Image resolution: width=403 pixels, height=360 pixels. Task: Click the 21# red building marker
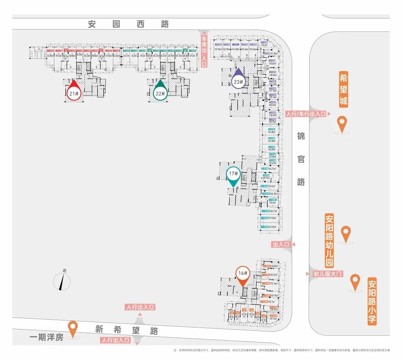(x=74, y=93)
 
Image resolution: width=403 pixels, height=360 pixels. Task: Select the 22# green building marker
(x=160, y=93)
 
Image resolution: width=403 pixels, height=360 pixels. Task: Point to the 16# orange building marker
(x=242, y=274)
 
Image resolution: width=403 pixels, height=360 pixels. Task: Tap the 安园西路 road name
(x=128, y=24)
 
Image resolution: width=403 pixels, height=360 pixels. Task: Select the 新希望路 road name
(x=126, y=330)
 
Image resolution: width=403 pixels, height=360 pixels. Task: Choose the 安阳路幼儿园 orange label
(x=329, y=240)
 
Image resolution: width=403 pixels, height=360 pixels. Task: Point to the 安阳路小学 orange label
(x=372, y=301)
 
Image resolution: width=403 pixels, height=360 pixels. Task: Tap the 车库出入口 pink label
(x=204, y=52)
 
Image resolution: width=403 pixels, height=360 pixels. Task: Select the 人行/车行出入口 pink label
(x=306, y=114)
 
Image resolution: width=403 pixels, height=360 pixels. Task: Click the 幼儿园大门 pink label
(x=328, y=274)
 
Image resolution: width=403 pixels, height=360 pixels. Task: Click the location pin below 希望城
(x=342, y=123)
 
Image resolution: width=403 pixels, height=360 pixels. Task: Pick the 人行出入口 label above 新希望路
(x=140, y=307)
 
